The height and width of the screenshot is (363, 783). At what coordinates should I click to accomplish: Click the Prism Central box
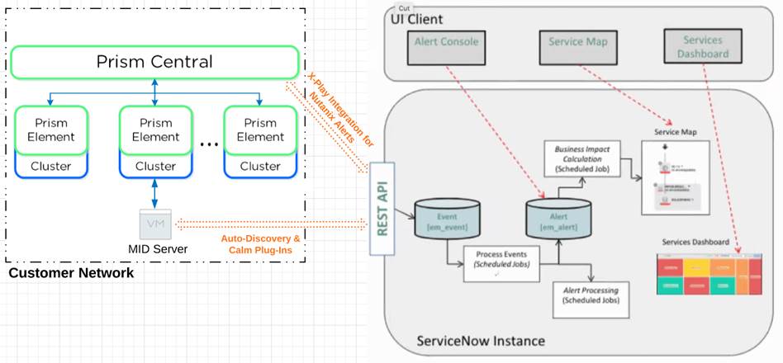click(154, 62)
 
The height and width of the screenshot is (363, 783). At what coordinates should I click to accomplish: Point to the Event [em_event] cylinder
click(447, 218)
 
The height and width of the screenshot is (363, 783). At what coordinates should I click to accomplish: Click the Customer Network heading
click(70, 273)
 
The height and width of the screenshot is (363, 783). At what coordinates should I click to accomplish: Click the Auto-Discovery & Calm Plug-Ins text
click(260, 244)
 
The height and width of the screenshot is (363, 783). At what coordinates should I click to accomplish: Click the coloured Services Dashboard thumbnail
click(709, 274)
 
